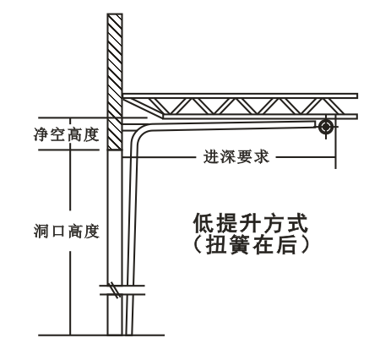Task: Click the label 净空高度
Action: click(67, 134)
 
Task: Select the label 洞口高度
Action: click(67, 232)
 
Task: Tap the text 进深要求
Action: click(236, 156)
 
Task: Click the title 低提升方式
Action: click(251, 223)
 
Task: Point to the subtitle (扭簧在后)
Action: click(251, 244)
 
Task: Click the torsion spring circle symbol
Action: click(326, 127)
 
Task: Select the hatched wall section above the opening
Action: click(115, 82)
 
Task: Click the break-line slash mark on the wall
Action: click(115, 290)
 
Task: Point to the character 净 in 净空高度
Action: click(42, 134)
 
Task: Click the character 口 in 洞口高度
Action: click(58, 232)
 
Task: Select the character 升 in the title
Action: click(251, 223)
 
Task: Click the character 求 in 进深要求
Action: click(262, 156)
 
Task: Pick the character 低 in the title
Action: click(204, 223)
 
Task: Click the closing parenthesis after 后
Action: click(304, 244)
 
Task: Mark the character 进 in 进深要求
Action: click(211, 156)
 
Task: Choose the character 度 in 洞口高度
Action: click(91, 232)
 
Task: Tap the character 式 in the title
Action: click(297, 223)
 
